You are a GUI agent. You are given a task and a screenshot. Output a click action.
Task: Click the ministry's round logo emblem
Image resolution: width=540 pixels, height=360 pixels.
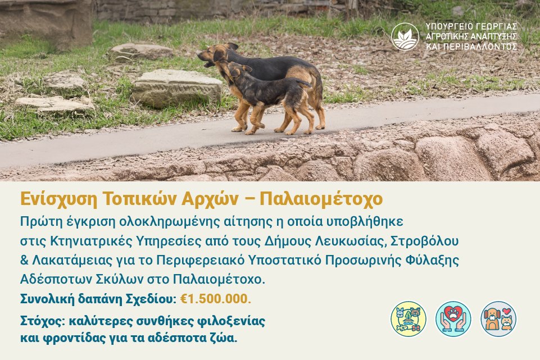(x=405, y=37)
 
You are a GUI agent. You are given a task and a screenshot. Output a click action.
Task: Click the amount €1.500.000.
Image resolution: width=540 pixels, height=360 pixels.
(x=216, y=298)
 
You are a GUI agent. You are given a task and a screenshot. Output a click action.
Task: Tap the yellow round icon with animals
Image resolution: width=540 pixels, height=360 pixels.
(x=409, y=318)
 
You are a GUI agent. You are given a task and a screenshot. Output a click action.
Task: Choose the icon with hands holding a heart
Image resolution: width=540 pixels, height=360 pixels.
(x=453, y=318)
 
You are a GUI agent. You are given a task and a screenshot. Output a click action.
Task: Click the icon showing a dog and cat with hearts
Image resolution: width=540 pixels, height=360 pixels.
(x=498, y=318)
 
